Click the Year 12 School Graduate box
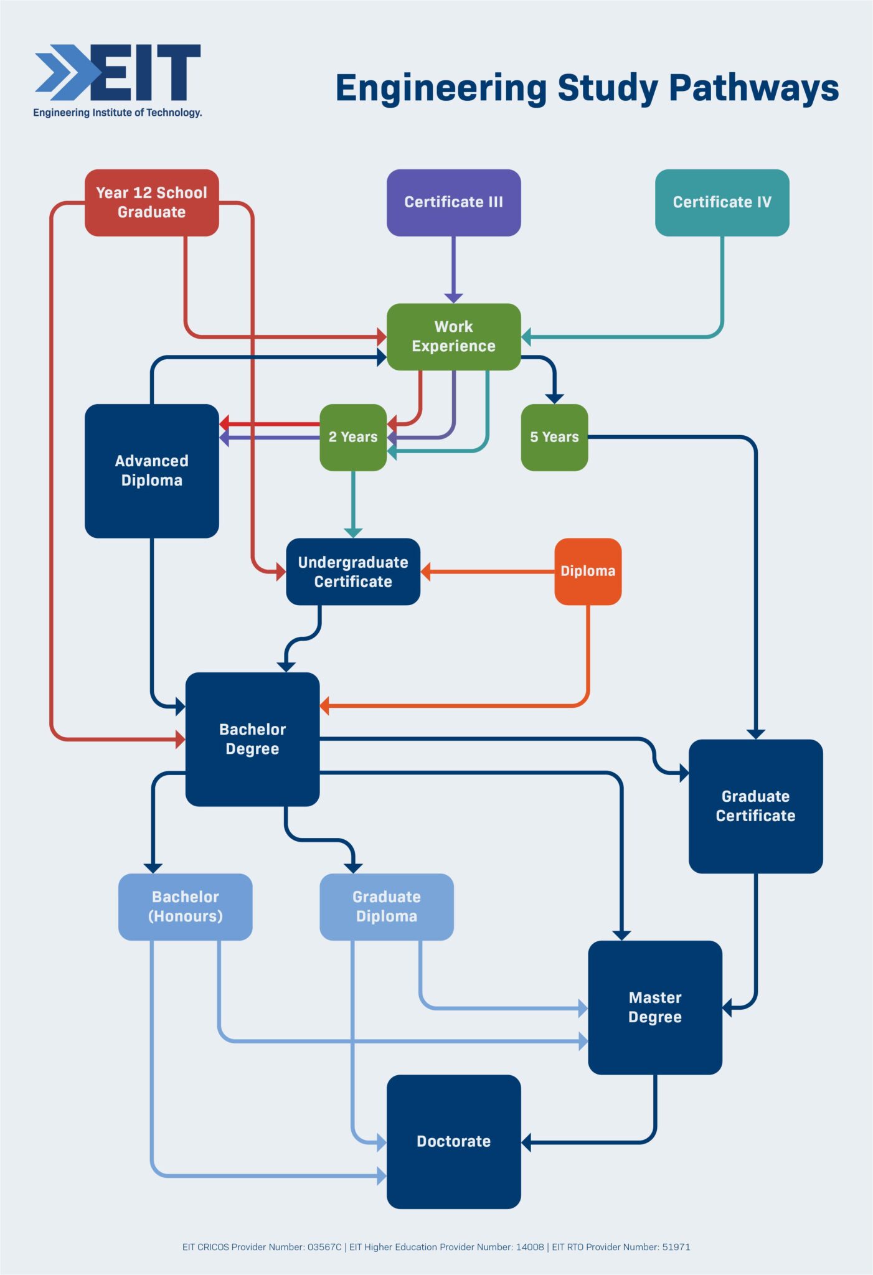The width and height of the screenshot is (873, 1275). tap(151, 202)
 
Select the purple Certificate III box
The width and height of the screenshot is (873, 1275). tap(453, 202)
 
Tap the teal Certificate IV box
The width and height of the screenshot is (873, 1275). tap(722, 202)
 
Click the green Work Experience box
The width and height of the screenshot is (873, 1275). tap(453, 336)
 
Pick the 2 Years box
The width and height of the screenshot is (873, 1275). tap(353, 437)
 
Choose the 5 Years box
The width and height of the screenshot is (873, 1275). tap(554, 437)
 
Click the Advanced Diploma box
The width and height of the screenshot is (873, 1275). tap(151, 471)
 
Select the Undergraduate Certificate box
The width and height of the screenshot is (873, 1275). tap(353, 572)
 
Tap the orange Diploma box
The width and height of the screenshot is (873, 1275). tap(588, 572)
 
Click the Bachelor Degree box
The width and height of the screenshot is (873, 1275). tap(252, 739)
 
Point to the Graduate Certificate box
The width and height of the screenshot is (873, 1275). tap(755, 806)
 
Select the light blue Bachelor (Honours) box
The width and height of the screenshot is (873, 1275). tap(185, 906)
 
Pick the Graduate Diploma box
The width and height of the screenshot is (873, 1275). tap(386, 906)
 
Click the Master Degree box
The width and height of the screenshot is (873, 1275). tap(655, 1007)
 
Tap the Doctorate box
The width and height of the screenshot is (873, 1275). tap(453, 1141)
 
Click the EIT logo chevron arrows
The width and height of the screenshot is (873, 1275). tap(65, 73)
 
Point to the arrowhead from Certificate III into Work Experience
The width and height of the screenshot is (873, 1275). tap(453, 297)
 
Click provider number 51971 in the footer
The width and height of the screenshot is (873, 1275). tap(676, 1247)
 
